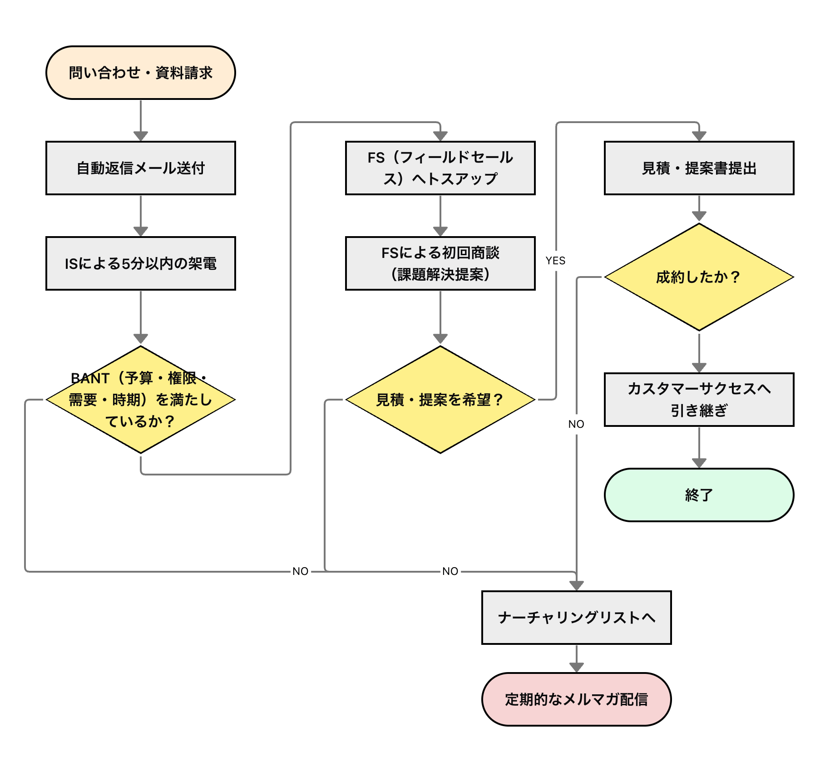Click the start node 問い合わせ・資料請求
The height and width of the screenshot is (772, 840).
point(141,73)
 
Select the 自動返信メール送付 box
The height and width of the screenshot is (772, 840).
point(141,168)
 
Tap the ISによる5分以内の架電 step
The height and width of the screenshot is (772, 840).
point(141,263)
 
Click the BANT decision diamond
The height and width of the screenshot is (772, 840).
point(141,400)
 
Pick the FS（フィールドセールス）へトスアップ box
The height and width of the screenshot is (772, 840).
point(440,168)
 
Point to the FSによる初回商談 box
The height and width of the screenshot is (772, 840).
point(440,263)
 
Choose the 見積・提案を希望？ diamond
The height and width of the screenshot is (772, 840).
point(440,400)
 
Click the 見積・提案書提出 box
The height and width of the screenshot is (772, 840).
point(699,168)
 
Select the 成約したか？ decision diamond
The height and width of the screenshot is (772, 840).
point(699,277)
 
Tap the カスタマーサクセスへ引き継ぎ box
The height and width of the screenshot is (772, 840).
point(699,400)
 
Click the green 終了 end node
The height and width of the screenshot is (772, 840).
point(699,495)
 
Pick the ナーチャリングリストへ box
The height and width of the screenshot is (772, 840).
point(577,618)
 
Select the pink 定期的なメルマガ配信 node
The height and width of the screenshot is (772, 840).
point(577,699)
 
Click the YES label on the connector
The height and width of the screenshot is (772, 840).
point(556,261)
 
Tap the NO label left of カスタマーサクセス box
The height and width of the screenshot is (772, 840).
point(576,424)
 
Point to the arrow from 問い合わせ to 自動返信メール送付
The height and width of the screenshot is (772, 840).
point(141,120)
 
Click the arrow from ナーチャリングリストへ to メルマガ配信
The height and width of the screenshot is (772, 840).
point(577,658)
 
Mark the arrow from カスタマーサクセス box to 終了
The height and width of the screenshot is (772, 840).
point(699,447)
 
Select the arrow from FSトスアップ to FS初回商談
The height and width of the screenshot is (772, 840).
point(440,216)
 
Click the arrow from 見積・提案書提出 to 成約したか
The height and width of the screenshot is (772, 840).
point(699,209)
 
